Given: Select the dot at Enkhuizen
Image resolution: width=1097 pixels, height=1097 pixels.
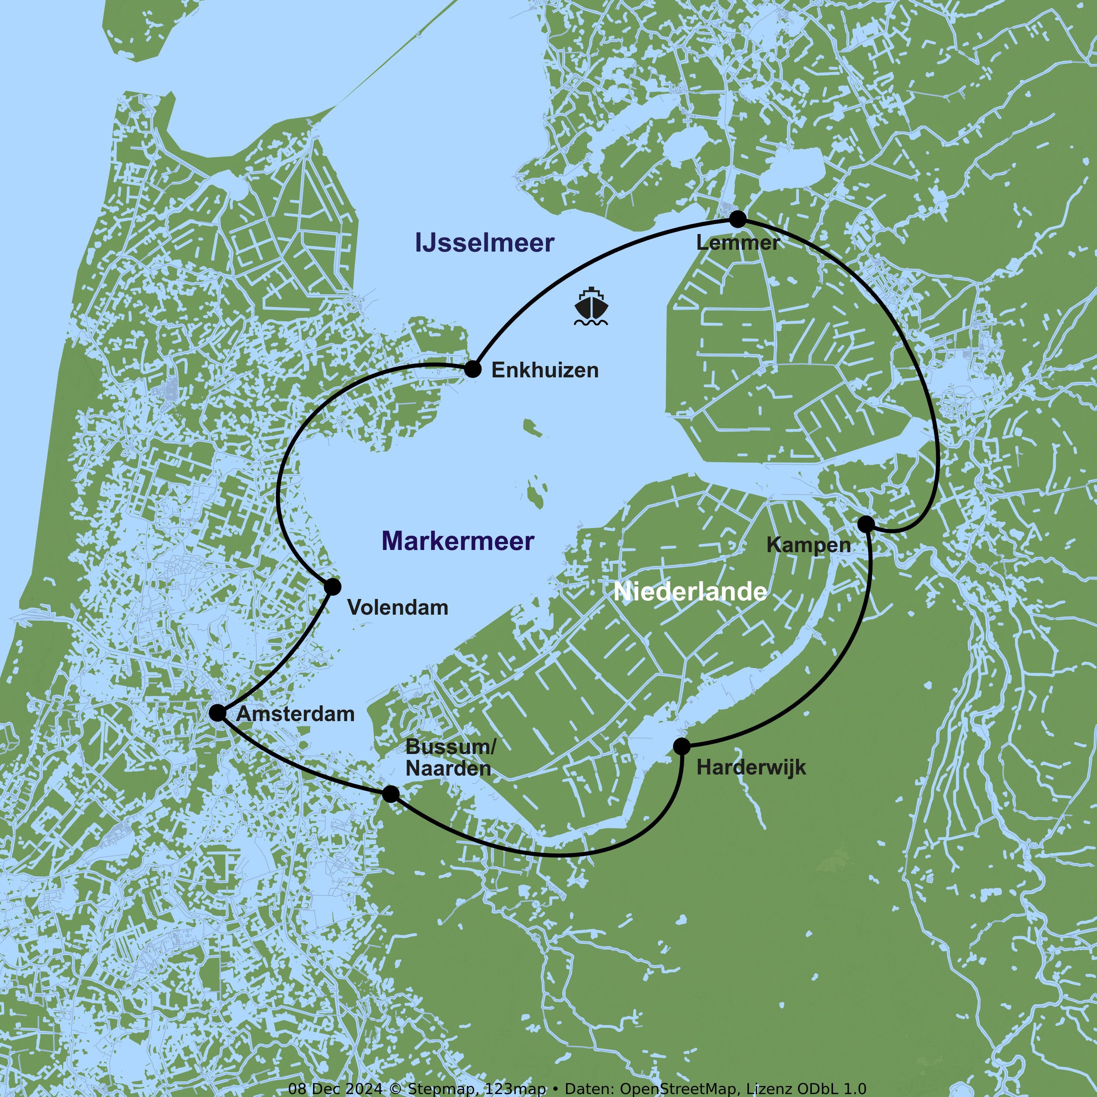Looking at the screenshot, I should pos(472,369).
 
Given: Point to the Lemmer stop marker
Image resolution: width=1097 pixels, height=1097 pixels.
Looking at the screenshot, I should pos(738,219).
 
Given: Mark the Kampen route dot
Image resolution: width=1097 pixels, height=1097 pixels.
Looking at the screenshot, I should pos(866,524).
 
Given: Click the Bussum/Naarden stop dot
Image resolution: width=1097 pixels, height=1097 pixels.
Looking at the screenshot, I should pos(391,794).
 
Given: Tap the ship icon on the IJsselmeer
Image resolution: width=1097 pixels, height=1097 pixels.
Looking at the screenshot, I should pos(591,307).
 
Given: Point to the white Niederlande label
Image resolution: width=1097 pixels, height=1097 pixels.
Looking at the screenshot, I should pos(690,592).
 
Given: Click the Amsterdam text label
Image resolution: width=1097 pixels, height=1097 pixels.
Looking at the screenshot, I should pos(295,714).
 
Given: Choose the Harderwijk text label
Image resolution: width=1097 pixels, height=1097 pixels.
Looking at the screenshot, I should pos(751,768).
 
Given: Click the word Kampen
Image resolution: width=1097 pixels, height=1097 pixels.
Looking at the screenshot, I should pos(808,545).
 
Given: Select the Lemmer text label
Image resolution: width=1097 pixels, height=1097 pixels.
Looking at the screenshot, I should pos(738,243).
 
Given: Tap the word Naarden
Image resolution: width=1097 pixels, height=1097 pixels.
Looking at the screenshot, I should pos(448,769).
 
